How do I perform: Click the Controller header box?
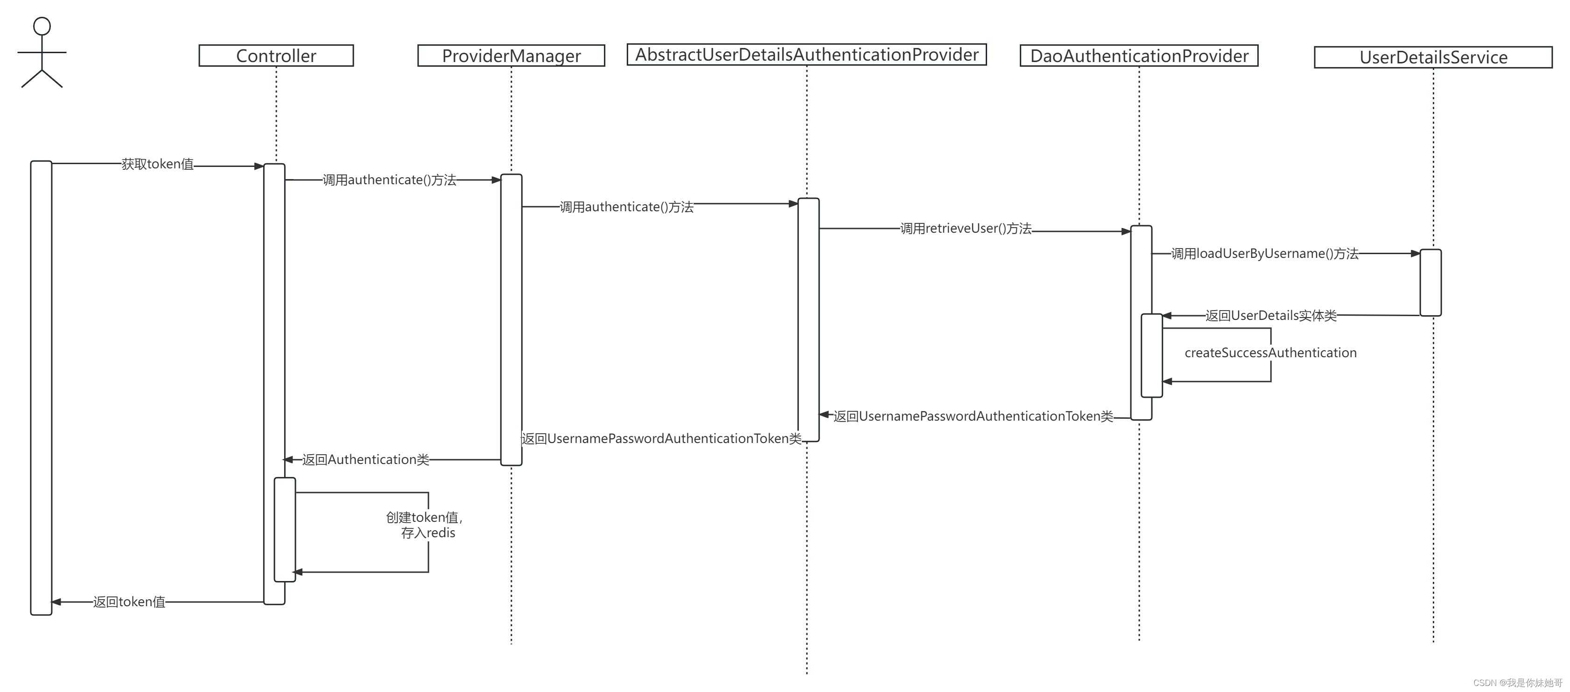(276, 55)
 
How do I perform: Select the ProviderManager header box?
(511, 55)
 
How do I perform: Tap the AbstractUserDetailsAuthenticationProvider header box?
(806, 54)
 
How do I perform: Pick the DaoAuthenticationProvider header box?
(1138, 55)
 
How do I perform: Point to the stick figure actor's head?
(42, 26)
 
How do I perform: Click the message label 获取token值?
(157, 164)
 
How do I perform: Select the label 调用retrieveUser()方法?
(966, 228)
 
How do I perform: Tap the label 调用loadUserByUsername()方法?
(1265, 253)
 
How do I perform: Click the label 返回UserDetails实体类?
(1271, 316)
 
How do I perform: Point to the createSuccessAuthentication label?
(1270, 353)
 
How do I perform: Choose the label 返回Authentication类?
(366, 459)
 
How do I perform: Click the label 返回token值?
(129, 602)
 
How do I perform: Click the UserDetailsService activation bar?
(1430, 283)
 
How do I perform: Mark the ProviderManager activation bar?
(511, 320)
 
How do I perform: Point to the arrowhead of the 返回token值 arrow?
(56, 602)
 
